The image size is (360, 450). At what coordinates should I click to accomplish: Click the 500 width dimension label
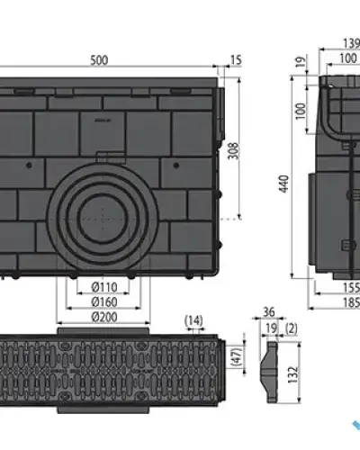(x=99, y=60)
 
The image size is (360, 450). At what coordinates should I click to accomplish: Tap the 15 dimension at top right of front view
(x=236, y=60)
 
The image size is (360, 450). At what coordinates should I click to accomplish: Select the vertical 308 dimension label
(x=234, y=151)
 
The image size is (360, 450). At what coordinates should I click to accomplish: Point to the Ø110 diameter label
(x=104, y=287)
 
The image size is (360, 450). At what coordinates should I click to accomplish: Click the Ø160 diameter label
(x=104, y=302)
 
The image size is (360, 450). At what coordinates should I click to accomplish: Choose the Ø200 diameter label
(x=104, y=317)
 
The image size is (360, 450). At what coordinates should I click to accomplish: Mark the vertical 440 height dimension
(x=284, y=184)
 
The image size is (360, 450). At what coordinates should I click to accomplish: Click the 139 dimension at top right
(x=351, y=44)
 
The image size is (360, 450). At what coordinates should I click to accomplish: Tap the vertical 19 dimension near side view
(x=301, y=62)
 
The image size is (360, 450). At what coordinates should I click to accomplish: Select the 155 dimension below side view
(x=351, y=288)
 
